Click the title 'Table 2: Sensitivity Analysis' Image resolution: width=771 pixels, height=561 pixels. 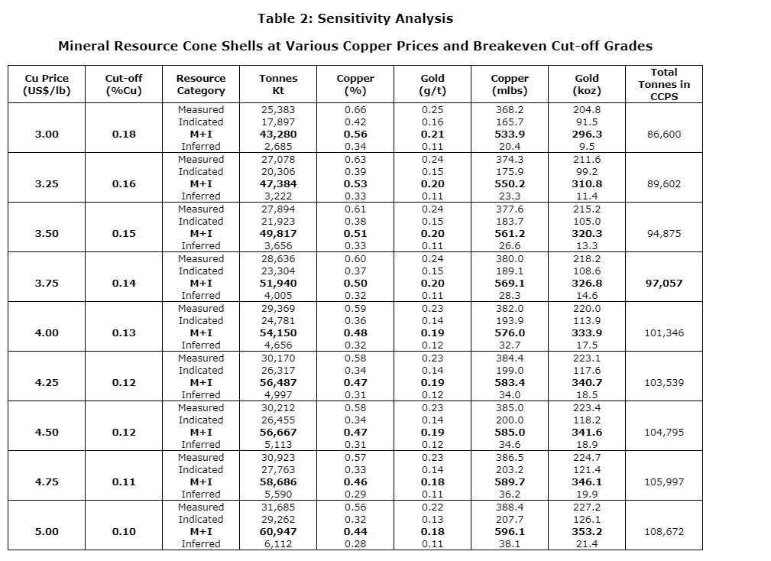(x=355, y=18)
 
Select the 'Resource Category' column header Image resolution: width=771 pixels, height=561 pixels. (x=201, y=84)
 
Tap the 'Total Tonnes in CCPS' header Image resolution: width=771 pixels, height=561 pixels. (x=663, y=84)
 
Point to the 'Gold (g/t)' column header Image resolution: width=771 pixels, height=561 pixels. (x=432, y=84)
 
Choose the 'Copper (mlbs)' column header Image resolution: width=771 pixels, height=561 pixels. (x=509, y=84)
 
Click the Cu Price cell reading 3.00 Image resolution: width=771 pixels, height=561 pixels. (x=46, y=135)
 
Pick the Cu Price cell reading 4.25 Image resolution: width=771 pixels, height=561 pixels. (x=46, y=383)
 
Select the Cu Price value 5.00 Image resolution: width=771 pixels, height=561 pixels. (x=46, y=532)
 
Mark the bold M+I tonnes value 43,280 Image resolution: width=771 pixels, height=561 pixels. (x=278, y=135)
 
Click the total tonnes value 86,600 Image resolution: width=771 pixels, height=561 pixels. (x=663, y=135)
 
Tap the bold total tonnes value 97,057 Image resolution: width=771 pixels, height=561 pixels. (x=663, y=284)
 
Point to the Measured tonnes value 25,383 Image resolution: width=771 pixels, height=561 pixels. (x=278, y=110)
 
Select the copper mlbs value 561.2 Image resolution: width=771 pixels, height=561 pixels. (x=509, y=234)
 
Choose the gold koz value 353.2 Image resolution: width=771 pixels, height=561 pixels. (x=587, y=532)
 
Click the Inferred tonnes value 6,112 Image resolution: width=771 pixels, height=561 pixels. (x=278, y=544)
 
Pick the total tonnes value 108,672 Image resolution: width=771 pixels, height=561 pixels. (x=663, y=532)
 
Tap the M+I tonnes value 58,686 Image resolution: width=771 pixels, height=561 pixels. (x=278, y=482)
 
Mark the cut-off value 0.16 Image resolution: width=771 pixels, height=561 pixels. (x=124, y=184)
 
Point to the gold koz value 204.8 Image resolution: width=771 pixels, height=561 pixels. (x=587, y=110)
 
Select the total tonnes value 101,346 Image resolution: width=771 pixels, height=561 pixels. (x=663, y=333)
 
